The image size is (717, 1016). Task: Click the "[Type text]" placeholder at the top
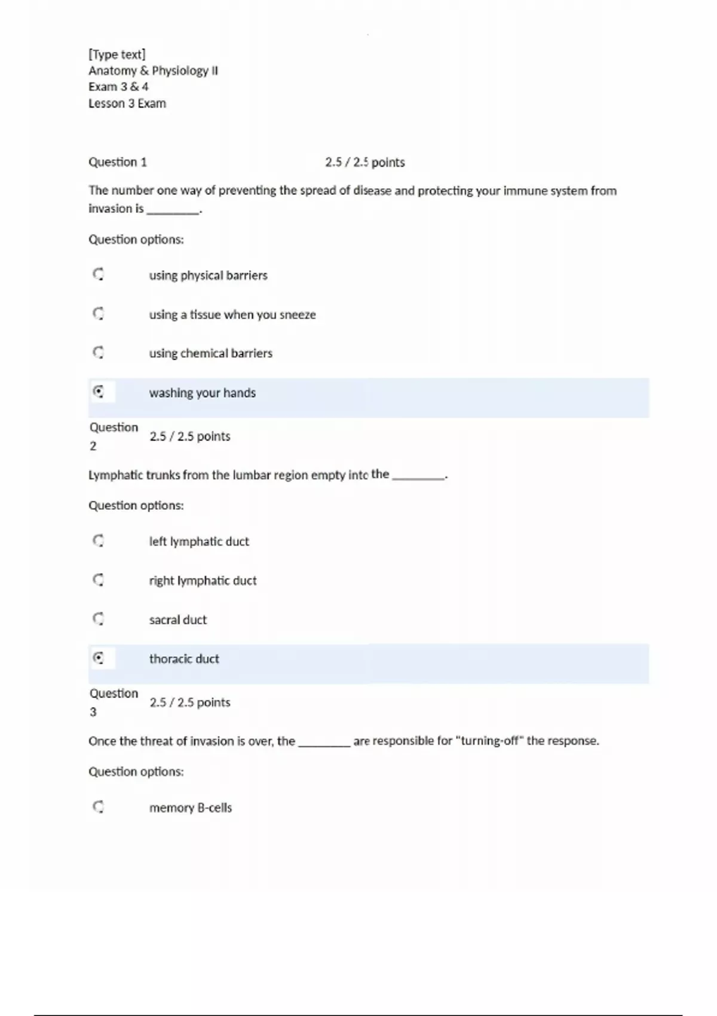click(x=117, y=54)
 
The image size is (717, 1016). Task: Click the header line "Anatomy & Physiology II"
click(x=153, y=71)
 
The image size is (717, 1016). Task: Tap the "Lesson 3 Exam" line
click(x=127, y=103)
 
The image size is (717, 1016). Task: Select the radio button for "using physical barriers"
click(x=99, y=274)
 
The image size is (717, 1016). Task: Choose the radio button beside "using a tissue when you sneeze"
click(x=99, y=314)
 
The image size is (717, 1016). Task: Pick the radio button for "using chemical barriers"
click(x=99, y=353)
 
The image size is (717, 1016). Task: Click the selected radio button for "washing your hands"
click(x=99, y=392)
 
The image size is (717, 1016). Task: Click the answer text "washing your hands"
click(x=202, y=393)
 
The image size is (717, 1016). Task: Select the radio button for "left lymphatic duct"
click(x=99, y=541)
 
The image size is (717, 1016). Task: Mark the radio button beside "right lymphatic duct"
click(x=99, y=580)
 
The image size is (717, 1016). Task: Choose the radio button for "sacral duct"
click(x=99, y=619)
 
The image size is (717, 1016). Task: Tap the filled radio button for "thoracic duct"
click(x=99, y=658)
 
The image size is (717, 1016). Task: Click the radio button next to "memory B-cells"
click(x=99, y=807)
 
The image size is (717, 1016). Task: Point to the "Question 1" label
click(x=118, y=162)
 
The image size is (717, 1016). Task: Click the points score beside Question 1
click(x=364, y=162)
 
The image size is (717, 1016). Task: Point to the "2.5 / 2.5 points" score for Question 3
click(x=190, y=702)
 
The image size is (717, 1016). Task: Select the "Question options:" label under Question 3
click(x=136, y=772)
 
